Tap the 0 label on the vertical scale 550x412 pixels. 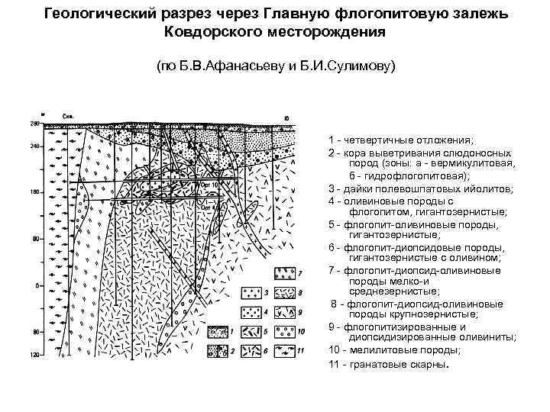(36, 286)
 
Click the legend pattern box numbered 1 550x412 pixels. (218, 332)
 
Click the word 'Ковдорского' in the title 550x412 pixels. (221, 33)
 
